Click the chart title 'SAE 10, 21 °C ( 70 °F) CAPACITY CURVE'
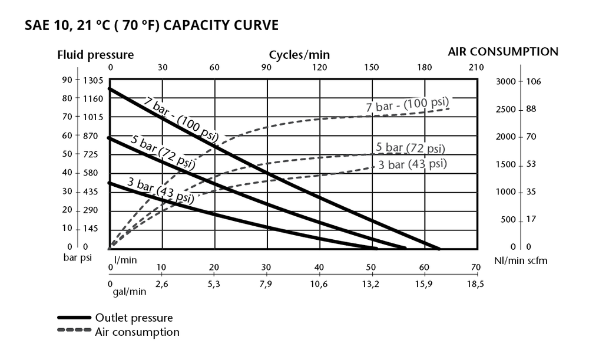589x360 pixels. pyautogui.click(x=151, y=26)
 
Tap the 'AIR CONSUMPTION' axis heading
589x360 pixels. pyautogui.click(x=503, y=51)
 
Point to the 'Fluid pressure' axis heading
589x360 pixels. pyautogui.click(x=95, y=55)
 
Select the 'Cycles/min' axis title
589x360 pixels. pyautogui.click(x=299, y=55)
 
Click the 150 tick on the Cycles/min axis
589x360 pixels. pyautogui.click(x=372, y=67)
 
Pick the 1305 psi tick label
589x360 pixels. pyautogui.click(x=93, y=81)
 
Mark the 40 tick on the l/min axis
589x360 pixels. pyautogui.click(x=319, y=267)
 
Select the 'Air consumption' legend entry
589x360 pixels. pyautogui.click(x=137, y=332)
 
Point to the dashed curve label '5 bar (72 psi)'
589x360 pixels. pyautogui.click(x=410, y=147)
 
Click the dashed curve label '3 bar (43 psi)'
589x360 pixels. pyautogui.click(x=412, y=164)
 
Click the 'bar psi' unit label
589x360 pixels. pyautogui.click(x=78, y=258)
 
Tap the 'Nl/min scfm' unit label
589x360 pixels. pyautogui.click(x=520, y=259)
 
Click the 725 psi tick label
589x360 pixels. pyautogui.click(x=93, y=154)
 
